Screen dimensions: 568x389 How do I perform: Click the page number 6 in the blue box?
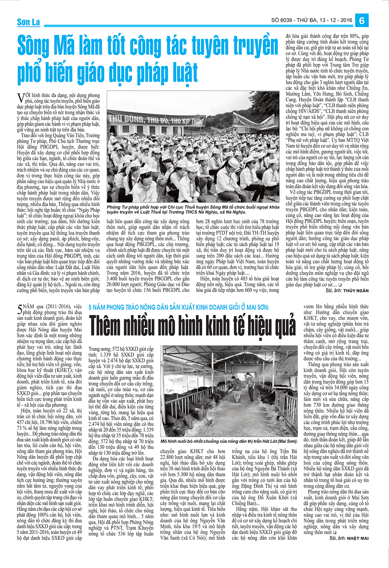pos(362,20)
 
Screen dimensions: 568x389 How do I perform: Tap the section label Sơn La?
pos(28,22)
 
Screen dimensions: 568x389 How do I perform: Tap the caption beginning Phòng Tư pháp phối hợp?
pos(193,209)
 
